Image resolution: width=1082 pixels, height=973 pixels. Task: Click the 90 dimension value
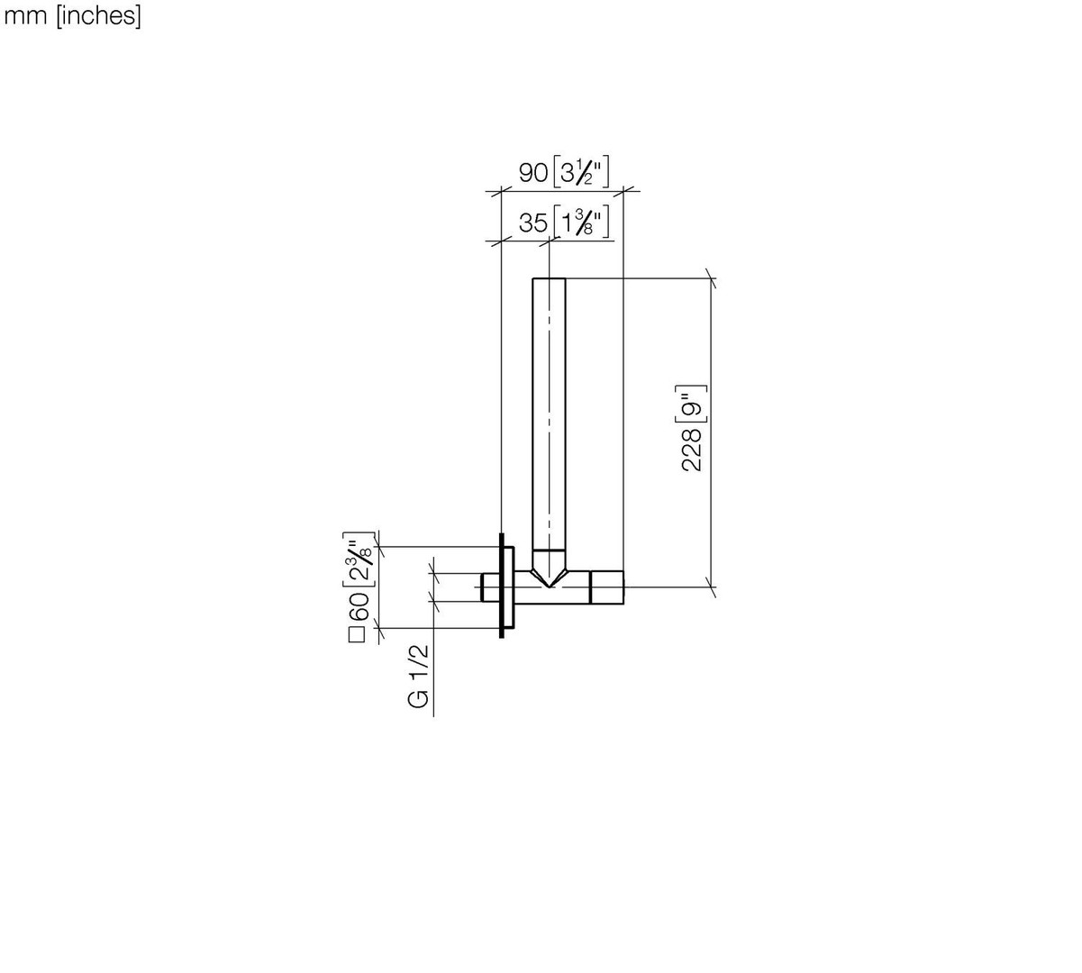click(x=533, y=173)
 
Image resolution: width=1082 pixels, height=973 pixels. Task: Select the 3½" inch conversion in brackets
click(x=581, y=172)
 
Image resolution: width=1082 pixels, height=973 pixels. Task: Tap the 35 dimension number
click(x=533, y=223)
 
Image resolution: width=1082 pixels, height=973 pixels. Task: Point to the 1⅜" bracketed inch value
click(x=581, y=222)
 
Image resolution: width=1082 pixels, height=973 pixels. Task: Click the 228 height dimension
click(x=692, y=450)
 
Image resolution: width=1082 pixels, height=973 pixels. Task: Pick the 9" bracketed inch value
click(x=692, y=405)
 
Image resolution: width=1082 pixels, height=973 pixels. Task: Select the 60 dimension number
click(x=359, y=607)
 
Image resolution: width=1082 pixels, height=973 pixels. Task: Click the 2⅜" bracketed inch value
click(x=359, y=559)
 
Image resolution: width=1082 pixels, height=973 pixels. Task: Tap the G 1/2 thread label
click(x=419, y=677)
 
